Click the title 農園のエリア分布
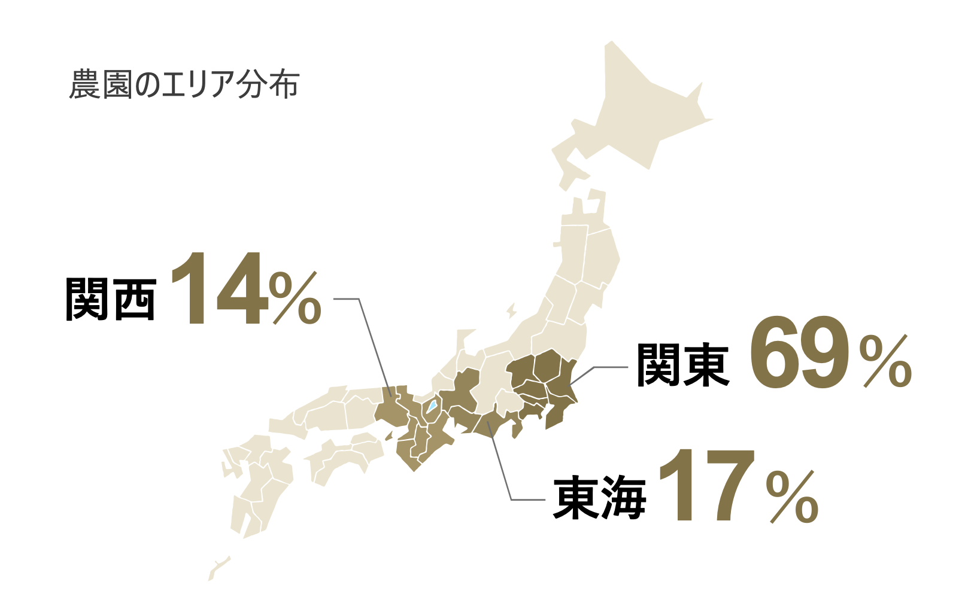184,85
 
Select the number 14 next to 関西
217,290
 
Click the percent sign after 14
295,299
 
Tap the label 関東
682,364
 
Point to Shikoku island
341,458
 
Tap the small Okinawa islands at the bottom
218,566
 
